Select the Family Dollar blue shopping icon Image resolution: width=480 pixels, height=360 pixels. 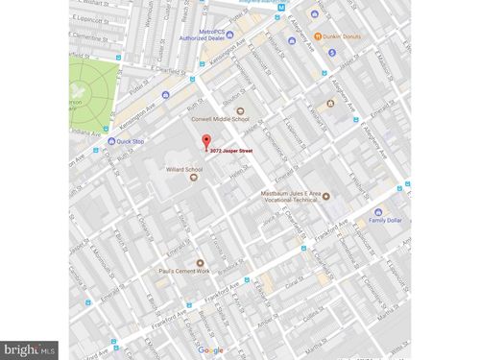coord(378,212)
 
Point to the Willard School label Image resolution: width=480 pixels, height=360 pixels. coord(181,169)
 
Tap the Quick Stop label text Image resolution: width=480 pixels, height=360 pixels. coord(131,141)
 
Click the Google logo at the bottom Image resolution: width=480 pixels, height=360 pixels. coord(211,350)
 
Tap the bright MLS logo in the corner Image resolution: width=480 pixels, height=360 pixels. coord(29,350)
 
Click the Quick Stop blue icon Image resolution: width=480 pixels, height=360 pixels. coord(111,141)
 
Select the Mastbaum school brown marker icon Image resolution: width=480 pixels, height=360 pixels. coord(326,196)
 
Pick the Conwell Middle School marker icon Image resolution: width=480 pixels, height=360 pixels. coord(240,111)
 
